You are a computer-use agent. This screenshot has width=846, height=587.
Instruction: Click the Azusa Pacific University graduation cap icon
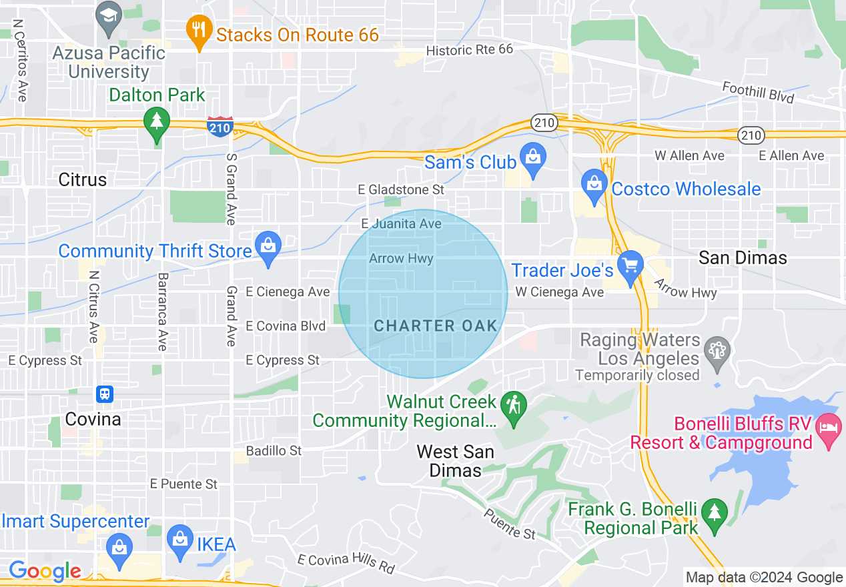pyautogui.click(x=109, y=15)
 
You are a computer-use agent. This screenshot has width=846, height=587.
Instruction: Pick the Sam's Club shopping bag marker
pyautogui.click(x=533, y=157)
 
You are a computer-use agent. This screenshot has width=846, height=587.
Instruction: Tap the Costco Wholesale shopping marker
pyautogui.click(x=593, y=184)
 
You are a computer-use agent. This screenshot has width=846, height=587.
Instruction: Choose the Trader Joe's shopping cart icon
pyautogui.click(x=629, y=265)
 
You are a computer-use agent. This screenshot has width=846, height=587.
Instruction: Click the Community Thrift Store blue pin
pyautogui.click(x=268, y=246)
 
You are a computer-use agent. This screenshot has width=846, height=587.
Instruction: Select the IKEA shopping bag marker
pyautogui.click(x=179, y=540)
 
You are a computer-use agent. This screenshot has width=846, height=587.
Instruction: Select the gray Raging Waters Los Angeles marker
pyautogui.click(x=717, y=350)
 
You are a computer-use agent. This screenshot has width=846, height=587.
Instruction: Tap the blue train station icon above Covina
pyautogui.click(x=104, y=394)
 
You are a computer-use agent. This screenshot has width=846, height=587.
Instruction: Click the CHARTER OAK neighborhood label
pyautogui.click(x=436, y=326)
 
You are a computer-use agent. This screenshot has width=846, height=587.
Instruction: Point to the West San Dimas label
pyautogui.click(x=455, y=461)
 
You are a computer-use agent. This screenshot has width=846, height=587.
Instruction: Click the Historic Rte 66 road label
pyautogui.click(x=469, y=50)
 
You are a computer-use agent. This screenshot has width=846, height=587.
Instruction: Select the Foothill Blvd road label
pyautogui.click(x=758, y=93)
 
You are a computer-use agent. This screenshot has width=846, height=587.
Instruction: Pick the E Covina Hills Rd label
pyautogui.click(x=346, y=564)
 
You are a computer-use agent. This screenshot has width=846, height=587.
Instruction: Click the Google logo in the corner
pyautogui.click(x=45, y=571)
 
